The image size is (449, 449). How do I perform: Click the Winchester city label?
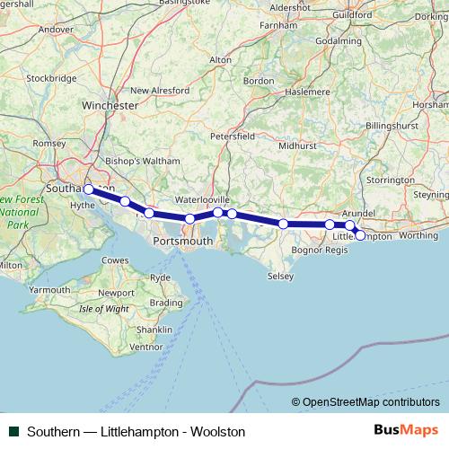pos(110,105)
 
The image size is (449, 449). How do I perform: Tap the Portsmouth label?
pos(183,242)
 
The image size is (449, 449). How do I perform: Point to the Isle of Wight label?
pos(104,308)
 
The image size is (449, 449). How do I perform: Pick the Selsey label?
pos(280,277)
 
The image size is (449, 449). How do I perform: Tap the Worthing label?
pos(418,235)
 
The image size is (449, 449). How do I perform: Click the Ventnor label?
pos(146,346)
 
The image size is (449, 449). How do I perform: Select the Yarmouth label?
pos(49,290)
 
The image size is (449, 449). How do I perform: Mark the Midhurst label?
pos(297,145)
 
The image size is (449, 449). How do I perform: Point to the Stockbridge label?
pos(51,78)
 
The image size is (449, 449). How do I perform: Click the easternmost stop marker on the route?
pos(360,235)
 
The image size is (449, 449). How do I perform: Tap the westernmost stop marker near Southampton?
pos(89,189)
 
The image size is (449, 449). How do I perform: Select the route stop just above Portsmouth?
pos(189,219)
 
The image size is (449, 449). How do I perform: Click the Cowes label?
pos(114,260)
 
